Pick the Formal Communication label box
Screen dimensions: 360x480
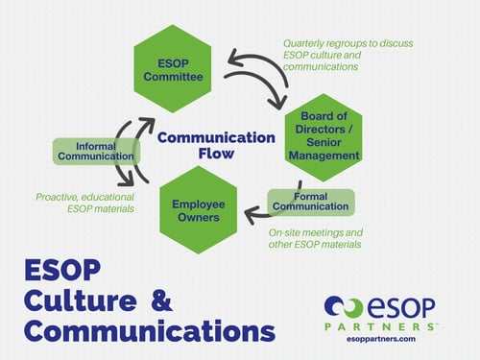click(x=311, y=202)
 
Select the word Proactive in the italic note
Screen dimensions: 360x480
click(x=57, y=196)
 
